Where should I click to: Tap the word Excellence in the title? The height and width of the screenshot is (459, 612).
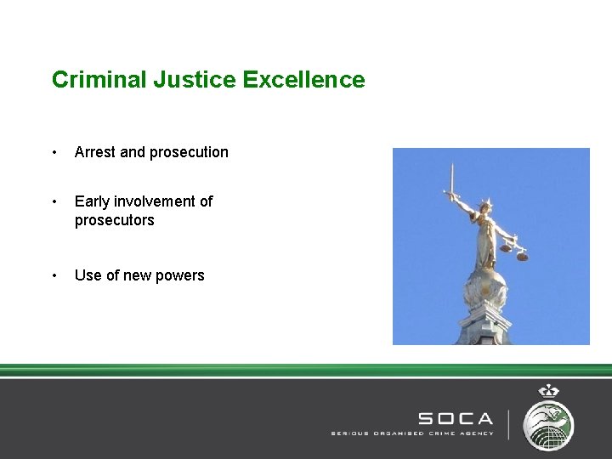click(x=303, y=80)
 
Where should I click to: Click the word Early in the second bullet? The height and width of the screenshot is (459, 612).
click(x=92, y=201)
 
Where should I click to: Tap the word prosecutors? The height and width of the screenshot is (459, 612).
click(x=115, y=220)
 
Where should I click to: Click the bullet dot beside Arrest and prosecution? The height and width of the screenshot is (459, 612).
click(x=54, y=153)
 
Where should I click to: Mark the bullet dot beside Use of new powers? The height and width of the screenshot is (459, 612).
click(x=54, y=276)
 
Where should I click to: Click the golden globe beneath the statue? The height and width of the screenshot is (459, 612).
click(x=486, y=285)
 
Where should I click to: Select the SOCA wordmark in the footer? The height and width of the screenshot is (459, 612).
click(x=455, y=418)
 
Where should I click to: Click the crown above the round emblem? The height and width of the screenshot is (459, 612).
click(x=548, y=392)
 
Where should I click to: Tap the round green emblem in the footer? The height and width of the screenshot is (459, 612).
click(x=548, y=424)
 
